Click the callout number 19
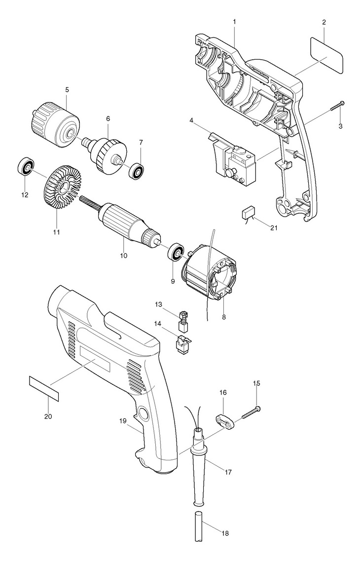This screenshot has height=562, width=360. tap(123, 421)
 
